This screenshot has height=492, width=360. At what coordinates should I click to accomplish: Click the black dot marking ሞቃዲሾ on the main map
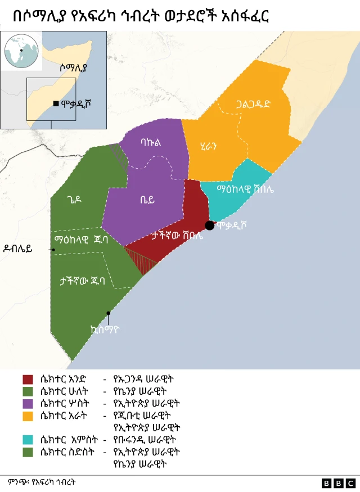(209, 225)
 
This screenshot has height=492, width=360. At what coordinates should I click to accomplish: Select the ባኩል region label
(151, 143)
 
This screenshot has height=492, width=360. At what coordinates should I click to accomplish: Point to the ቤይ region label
(147, 199)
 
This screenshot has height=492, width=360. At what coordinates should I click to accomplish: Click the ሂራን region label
(208, 146)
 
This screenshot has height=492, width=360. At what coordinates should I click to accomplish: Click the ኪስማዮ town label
(105, 329)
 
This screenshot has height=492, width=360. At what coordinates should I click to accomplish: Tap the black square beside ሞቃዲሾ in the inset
(55, 103)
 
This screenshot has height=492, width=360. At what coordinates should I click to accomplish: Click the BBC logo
(339, 483)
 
